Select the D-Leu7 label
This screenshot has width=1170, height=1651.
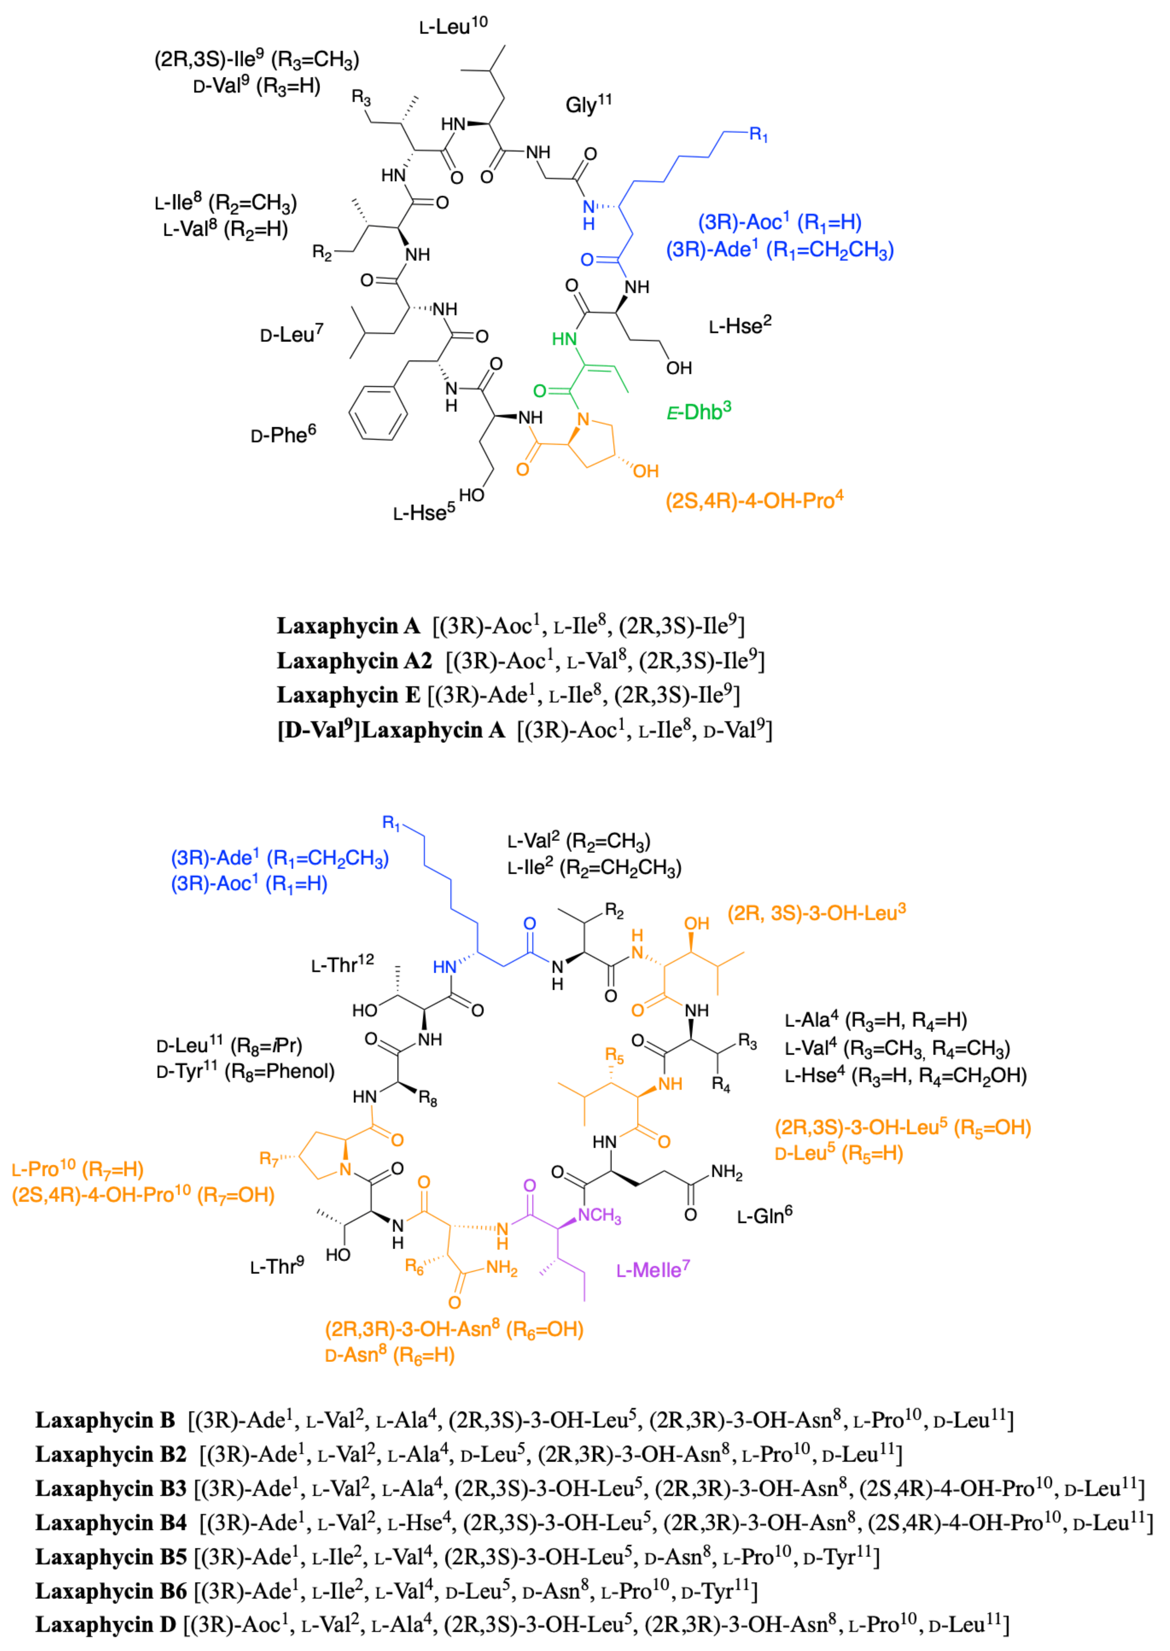(291, 334)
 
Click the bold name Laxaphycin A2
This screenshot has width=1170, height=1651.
(354, 661)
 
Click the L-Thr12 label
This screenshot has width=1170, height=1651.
(342, 964)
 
